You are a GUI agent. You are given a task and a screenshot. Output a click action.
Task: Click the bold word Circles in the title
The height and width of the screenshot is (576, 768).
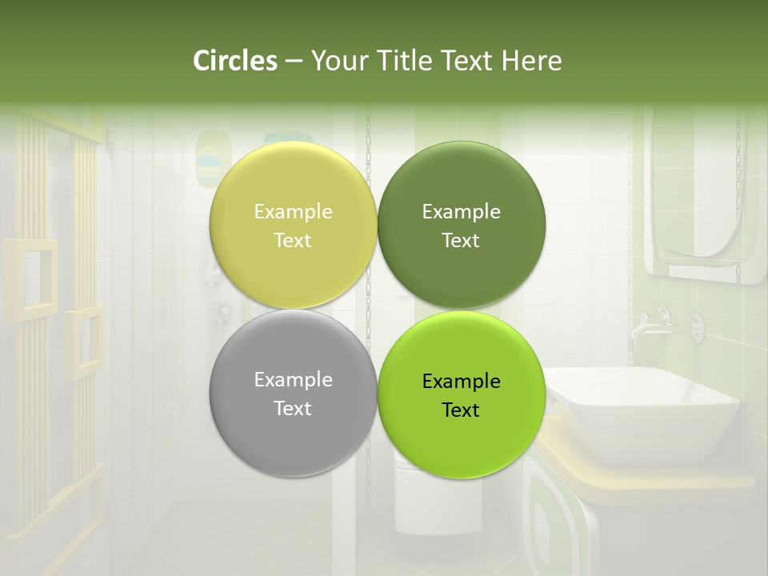coord(235,60)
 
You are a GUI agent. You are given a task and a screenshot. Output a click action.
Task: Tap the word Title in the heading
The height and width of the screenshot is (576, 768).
coord(403,60)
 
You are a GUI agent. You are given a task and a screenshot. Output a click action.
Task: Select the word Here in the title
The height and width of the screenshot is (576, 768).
coord(532,60)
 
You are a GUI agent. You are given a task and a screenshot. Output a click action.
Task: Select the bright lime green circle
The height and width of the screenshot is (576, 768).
coord(461,440)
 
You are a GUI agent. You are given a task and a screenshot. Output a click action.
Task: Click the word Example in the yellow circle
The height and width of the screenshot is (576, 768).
coord(293,211)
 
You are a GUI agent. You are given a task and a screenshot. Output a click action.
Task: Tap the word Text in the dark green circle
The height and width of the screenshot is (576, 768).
coord(461,240)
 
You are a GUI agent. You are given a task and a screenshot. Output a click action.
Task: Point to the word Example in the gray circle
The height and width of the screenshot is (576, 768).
coord(293,379)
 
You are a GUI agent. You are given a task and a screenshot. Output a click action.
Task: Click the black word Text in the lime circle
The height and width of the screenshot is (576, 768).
coord(461,410)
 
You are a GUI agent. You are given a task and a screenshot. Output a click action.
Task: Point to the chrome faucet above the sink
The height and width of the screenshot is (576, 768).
coord(648,324)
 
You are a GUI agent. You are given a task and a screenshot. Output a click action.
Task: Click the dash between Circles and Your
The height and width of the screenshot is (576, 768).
coord(294,61)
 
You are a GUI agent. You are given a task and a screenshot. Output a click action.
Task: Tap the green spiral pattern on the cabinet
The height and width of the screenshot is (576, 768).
coord(552,520)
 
